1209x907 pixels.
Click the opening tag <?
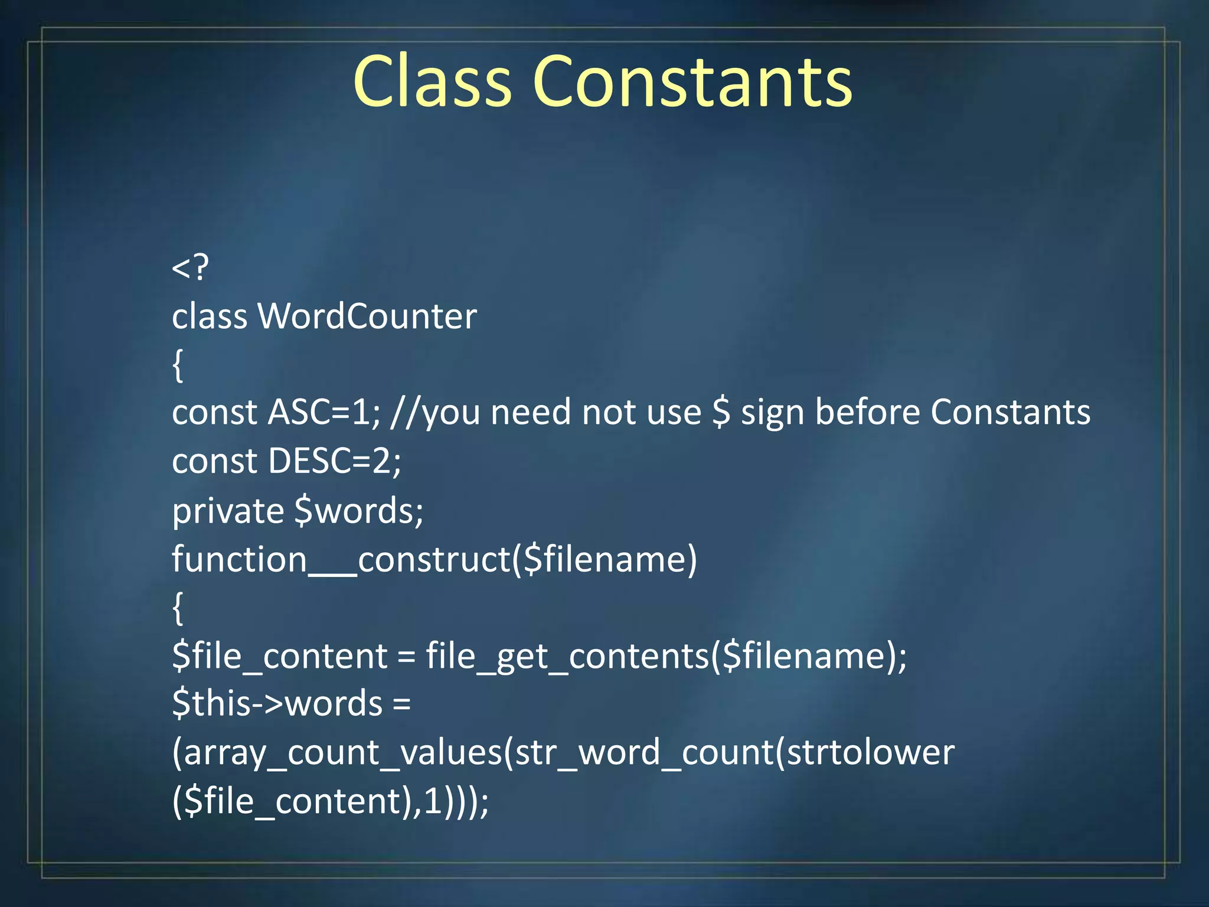pos(190,267)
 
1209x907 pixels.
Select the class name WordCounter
pos(367,317)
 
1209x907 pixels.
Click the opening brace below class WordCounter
pos(178,366)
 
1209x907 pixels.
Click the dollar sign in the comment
pos(721,412)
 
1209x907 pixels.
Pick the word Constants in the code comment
pos(1011,412)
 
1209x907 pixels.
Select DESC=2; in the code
pos(335,461)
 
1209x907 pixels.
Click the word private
pos(228,510)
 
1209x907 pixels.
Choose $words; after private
pos(359,510)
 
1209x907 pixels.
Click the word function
pos(240,559)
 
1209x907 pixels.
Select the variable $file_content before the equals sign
pos(280,656)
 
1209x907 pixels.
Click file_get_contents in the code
pos(567,656)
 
